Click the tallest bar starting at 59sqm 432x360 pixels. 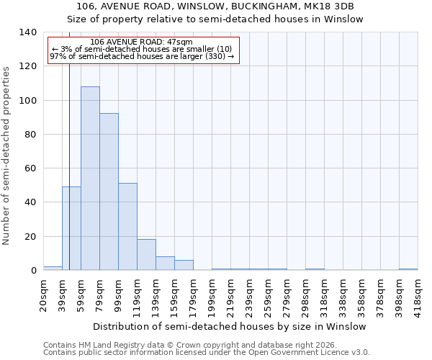tap(90, 179)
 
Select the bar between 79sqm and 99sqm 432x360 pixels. tap(109, 192)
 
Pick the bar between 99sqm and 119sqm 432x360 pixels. tap(127, 227)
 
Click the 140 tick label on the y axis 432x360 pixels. tap(27, 32)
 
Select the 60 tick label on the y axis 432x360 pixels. tap(30, 168)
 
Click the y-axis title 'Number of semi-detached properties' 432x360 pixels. tap(7, 156)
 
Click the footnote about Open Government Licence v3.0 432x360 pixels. tap(207, 353)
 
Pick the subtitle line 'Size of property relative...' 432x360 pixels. tap(215, 19)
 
